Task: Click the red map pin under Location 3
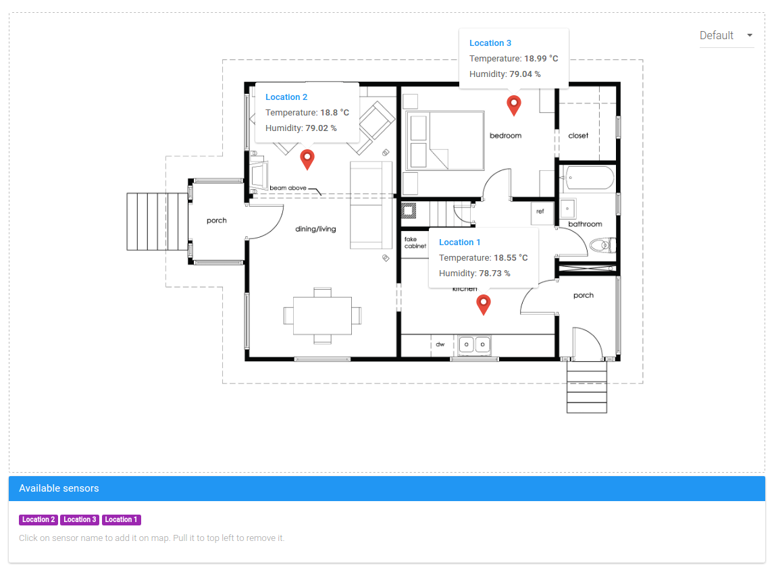click(x=514, y=105)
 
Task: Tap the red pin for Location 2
click(x=307, y=159)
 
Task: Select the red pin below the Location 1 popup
click(x=484, y=303)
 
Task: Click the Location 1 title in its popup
click(x=459, y=242)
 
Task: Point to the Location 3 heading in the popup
click(x=490, y=43)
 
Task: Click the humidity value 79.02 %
click(x=321, y=128)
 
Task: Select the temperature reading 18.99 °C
click(x=541, y=59)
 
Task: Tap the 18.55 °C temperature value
click(x=511, y=258)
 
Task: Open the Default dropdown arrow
click(x=750, y=36)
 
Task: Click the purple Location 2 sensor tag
click(x=38, y=519)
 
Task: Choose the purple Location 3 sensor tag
click(x=80, y=519)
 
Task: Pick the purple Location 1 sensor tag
click(x=122, y=519)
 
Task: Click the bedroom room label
click(x=505, y=136)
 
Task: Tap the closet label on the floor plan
click(x=578, y=136)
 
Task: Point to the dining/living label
click(x=315, y=229)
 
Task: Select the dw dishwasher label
click(x=440, y=344)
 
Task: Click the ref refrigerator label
click(x=540, y=211)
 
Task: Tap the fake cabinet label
click(x=415, y=243)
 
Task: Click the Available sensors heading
click(x=59, y=488)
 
